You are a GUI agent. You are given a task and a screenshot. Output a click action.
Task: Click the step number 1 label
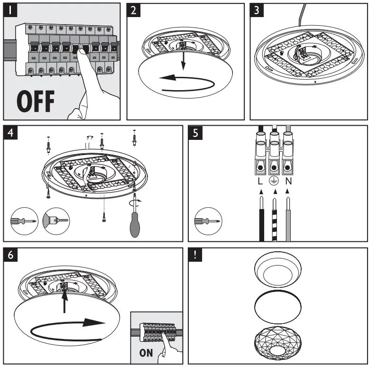(11, 10)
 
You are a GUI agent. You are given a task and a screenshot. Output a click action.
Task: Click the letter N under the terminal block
(288, 180)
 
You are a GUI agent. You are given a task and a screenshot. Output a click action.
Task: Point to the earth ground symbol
(274, 181)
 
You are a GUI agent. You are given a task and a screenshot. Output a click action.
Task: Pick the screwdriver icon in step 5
(206, 221)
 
